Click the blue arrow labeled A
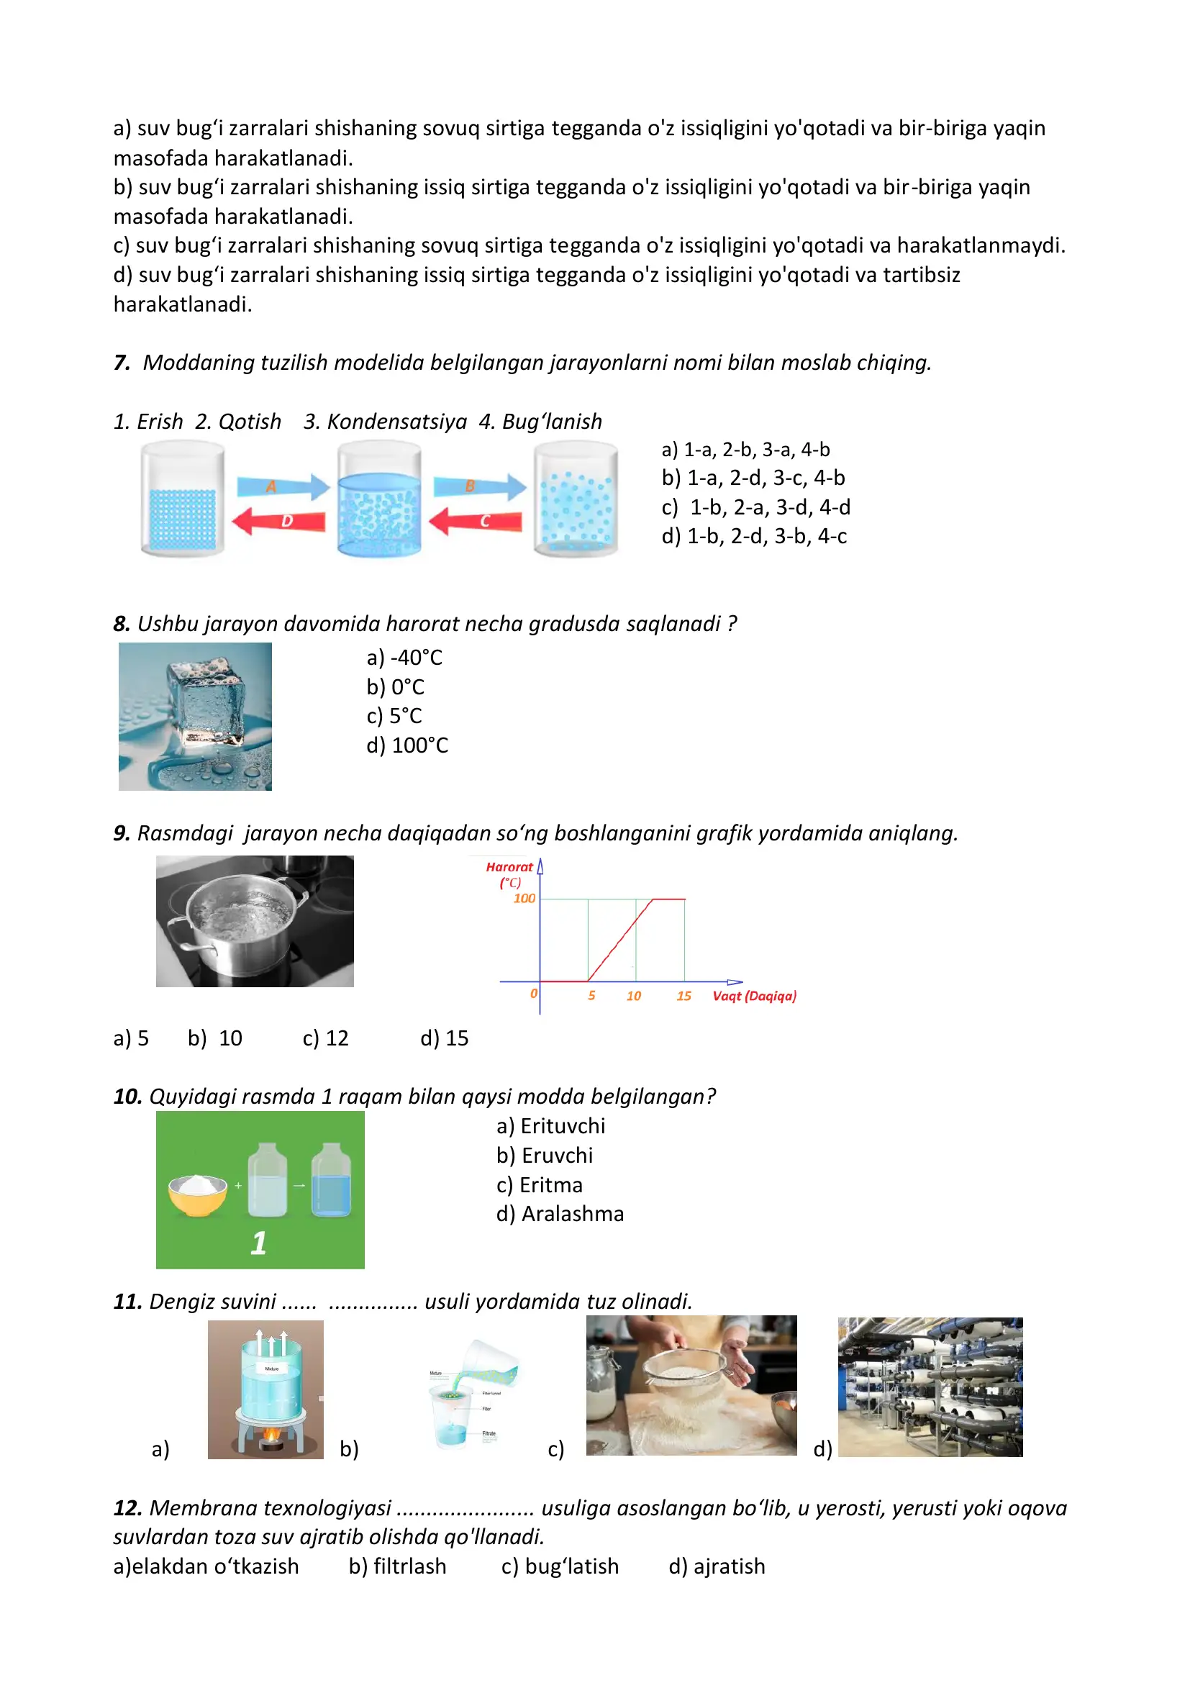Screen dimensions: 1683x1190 point(282,486)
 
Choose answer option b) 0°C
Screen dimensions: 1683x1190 point(396,687)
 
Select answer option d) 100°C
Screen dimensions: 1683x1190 point(407,745)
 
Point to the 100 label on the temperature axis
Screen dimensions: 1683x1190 point(524,898)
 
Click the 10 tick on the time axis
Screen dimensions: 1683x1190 point(634,995)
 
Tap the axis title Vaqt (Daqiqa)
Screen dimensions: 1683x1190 point(754,995)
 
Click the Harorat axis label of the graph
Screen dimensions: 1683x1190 point(509,867)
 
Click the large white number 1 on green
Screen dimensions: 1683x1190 point(259,1243)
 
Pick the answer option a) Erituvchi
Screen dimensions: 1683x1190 point(551,1126)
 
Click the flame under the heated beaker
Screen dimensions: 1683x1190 point(271,1434)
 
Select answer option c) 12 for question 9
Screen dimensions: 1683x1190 point(325,1038)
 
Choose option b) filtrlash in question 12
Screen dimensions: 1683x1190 point(397,1566)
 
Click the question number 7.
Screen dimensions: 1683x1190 point(122,363)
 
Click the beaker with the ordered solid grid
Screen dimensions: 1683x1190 point(183,500)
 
